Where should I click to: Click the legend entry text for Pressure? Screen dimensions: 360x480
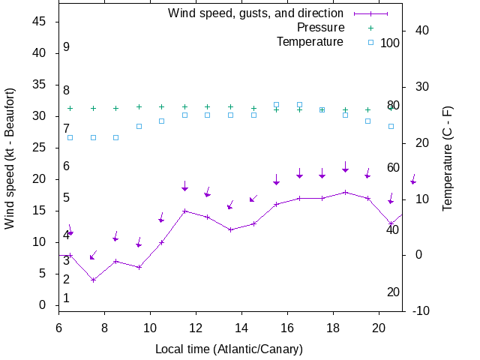pos(320,28)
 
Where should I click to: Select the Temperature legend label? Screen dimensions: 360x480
pos(309,42)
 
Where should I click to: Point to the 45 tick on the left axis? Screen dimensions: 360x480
pos(40,22)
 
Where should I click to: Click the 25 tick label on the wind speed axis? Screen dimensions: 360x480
pos(40,148)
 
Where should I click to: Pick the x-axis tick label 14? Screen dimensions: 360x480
pos(241,328)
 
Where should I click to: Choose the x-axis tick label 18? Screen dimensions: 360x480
pos(333,328)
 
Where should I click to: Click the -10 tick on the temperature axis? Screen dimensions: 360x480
pos(421,310)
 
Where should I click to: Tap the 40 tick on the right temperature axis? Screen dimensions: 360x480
pos(421,31)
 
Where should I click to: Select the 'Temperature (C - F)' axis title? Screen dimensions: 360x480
pos(447,157)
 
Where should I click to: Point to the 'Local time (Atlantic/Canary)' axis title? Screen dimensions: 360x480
pos(229,349)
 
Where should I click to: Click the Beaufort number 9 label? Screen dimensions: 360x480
pos(66,47)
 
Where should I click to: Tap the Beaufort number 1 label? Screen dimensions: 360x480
pos(66,298)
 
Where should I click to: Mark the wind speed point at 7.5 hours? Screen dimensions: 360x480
pos(93,280)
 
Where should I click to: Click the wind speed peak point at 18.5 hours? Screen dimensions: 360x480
pos(345,192)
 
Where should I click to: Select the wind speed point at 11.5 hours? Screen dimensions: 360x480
pos(184,211)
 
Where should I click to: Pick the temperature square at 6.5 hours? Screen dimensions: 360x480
pos(70,137)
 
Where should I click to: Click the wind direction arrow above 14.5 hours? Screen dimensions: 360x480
pos(253,199)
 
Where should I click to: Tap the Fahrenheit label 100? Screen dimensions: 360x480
pos(390,43)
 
